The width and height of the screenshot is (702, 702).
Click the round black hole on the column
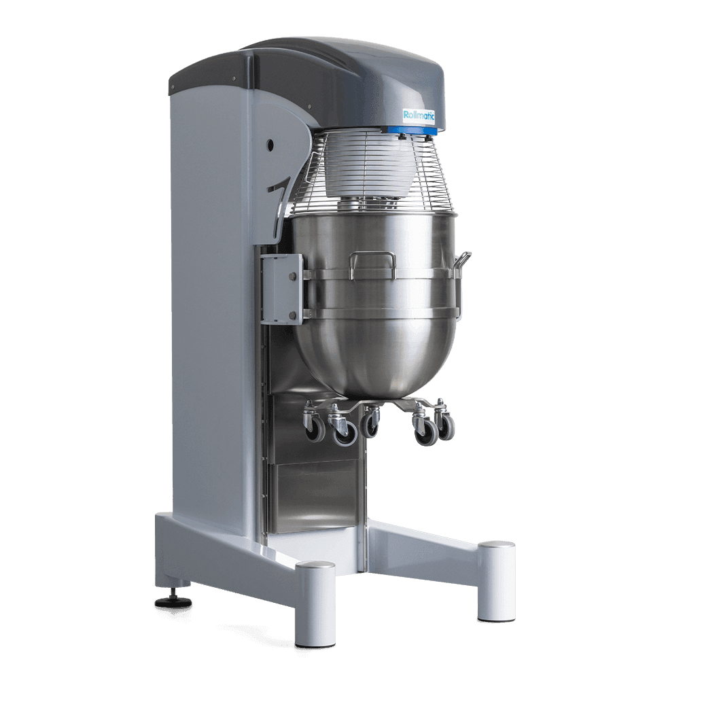270,145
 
